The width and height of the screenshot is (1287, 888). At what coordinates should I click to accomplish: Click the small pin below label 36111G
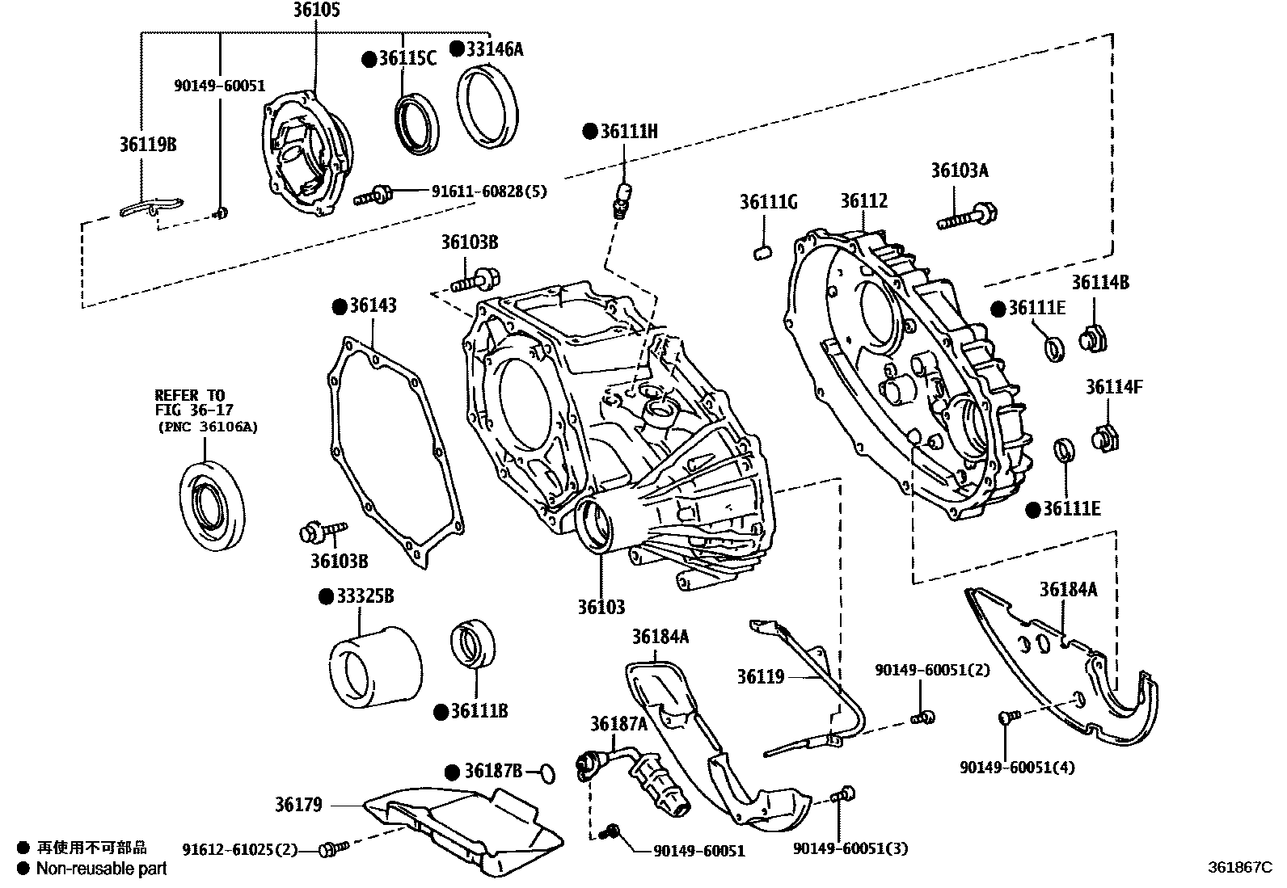[761, 254]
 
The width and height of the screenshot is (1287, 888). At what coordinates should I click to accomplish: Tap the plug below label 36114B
[1094, 339]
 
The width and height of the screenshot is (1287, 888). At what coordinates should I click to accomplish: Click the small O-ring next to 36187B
[547, 774]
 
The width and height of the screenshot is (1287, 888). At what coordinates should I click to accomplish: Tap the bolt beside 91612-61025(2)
[332, 849]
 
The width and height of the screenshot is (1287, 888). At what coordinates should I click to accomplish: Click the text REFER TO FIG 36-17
[190, 402]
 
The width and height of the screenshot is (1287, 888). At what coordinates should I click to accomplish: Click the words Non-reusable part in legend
[102, 869]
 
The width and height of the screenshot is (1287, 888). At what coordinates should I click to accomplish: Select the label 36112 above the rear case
[863, 201]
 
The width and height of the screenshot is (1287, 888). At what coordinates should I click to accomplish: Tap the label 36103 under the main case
[601, 607]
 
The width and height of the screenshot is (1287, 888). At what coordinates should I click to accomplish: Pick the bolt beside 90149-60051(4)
[1007, 716]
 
